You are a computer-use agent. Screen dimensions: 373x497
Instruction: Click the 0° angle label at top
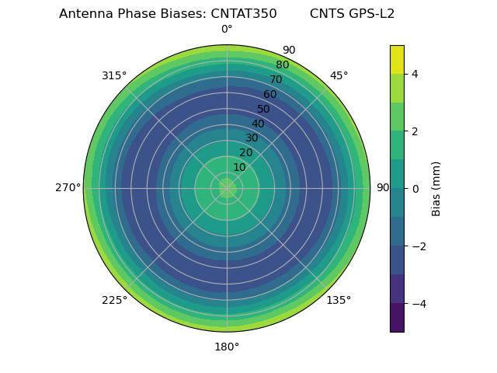tap(227, 30)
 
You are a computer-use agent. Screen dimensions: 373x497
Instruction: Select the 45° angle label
tap(339, 75)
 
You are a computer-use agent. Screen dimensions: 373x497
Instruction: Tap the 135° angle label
tap(339, 300)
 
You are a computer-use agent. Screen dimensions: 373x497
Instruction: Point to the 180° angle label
tap(227, 347)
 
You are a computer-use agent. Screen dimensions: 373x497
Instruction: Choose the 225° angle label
tap(114, 300)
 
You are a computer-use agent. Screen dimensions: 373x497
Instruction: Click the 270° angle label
tap(68, 188)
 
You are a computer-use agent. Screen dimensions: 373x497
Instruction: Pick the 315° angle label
tap(114, 75)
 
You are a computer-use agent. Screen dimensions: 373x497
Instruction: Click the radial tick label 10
tap(239, 167)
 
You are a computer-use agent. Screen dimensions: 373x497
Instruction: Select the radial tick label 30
tap(252, 138)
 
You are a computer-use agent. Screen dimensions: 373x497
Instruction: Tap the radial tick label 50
tap(264, 109)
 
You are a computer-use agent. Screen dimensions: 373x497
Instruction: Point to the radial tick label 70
tap(276, 79)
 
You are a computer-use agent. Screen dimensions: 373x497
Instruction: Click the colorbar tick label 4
tap(415, 74)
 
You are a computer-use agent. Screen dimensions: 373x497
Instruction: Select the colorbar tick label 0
tap(415, 189)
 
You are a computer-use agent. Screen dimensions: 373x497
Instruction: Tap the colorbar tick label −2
tap(418, 246)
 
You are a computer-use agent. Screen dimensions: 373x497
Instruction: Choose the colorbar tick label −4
tap(418, 304)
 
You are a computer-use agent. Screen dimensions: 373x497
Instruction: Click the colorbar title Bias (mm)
tap(436, 188)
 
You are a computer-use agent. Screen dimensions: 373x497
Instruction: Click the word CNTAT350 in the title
tap(244, 14)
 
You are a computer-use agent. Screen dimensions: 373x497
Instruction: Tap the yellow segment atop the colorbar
tap(397, 59)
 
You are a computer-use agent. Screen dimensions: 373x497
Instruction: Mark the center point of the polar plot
tap(227, 188)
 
